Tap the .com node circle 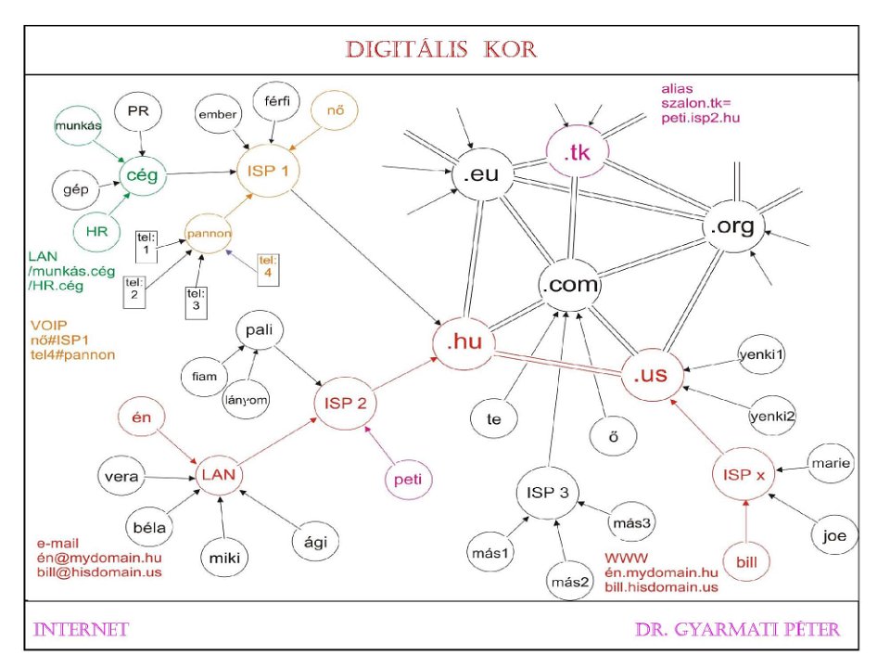click(569, 285)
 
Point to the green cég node click(141, 173)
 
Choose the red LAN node click(220, 474)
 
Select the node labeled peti click(408, 480)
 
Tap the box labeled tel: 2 click(133, 289)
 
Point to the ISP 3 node click(546, 492)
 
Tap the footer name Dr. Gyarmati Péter click(737, 630)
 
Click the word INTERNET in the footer click(81, 630)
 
